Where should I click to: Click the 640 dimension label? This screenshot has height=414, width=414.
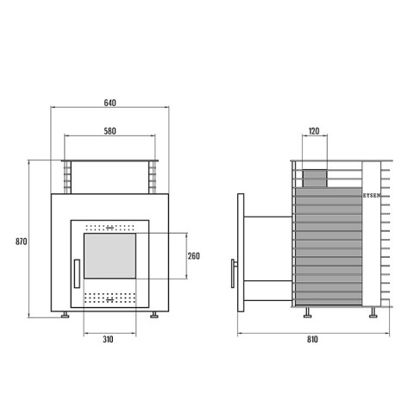(110, 103)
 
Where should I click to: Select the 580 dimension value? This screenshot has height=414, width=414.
(110, 131)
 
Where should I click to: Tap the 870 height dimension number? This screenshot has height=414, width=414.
(22, 241)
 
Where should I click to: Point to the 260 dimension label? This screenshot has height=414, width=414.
(193, 256)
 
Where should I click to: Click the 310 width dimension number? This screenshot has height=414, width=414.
(108, 339)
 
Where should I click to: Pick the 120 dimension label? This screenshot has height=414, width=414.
(314, 131)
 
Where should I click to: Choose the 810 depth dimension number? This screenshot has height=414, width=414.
(312, 339)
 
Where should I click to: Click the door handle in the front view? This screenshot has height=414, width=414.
(77, 273)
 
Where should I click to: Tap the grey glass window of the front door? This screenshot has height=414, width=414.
(110, 255)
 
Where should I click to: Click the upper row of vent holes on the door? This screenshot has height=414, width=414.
(110, 228)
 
